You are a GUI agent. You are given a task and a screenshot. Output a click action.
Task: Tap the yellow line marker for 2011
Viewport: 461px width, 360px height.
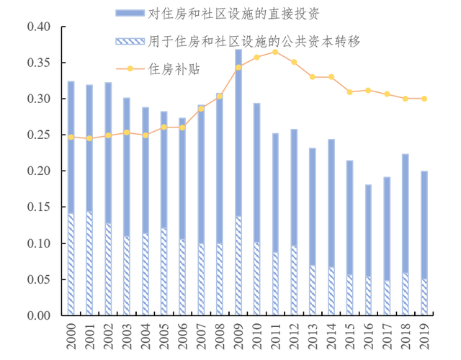(x=275, y=52)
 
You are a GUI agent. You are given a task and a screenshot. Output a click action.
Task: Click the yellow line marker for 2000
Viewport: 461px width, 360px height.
(x=71, y=137)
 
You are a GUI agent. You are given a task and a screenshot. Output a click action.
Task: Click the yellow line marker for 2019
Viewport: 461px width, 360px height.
(x=424, y=99)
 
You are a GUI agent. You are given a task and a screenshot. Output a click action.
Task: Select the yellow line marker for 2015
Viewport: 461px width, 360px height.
(x=349, y=92)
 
